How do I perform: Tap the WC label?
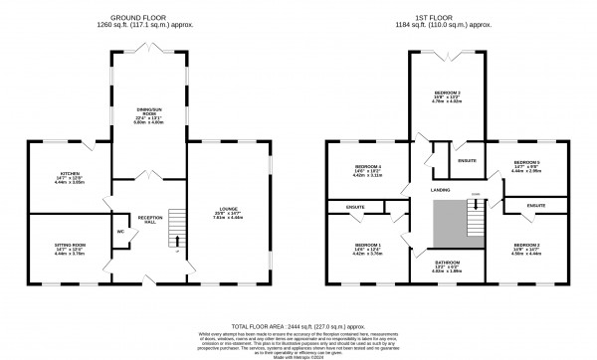(x=119, y=232)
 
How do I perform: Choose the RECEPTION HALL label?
(x=149, y=218)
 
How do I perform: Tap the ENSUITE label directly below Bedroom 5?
(x=536, y=206)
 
